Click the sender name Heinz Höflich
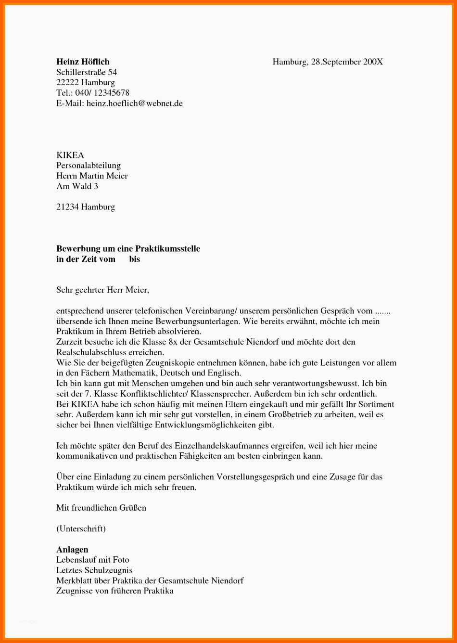coord(83,62)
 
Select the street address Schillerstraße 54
coord(87,72)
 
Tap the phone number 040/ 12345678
coord(102,92)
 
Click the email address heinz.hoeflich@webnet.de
coord(135,103)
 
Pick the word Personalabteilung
coord(89,166)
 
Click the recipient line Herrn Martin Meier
coord(92,176)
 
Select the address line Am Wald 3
coord(77,186)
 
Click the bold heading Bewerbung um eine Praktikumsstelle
coord(128,248)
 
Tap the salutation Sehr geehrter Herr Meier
coord(102,290)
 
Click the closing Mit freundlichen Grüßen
coord(101,508)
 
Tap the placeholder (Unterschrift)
coord(81,528)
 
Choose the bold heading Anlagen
coord(72,550)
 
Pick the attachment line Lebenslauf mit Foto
coord(93,560)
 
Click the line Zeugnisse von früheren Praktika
coord(115,591)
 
